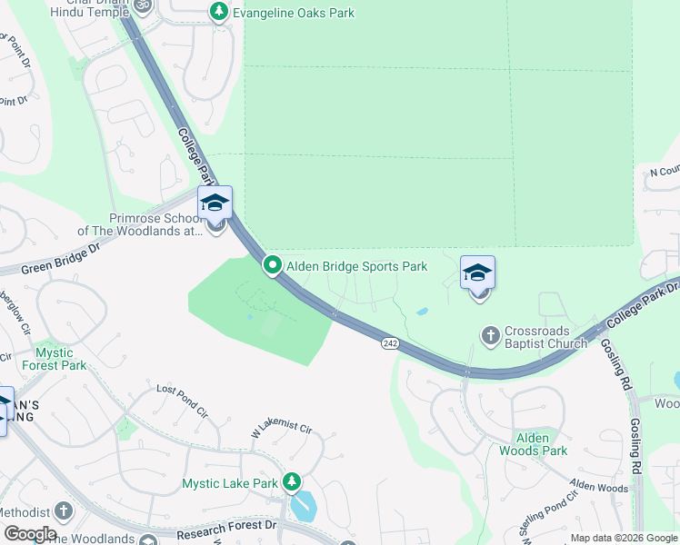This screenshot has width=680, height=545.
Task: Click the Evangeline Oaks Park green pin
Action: click(x=218, y=12)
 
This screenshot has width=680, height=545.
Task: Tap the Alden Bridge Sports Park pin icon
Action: click(x=272, y=265)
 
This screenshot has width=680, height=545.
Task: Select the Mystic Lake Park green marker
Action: click(x=291, y=482)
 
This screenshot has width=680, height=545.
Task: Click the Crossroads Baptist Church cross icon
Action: click(x=490, y=337)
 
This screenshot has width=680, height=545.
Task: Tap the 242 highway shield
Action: click(x=390, y=342)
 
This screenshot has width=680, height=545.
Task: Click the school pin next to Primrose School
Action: click(x=215, y=203)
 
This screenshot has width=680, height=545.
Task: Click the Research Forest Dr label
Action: click(x=227, y=525)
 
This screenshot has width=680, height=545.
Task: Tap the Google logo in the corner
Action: click(x=29, y=534)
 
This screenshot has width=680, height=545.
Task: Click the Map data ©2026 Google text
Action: click(x=623, y=538)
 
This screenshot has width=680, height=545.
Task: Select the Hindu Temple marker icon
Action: click(x=141, y=5)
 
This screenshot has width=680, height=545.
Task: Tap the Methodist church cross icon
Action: click(x=65, y=511)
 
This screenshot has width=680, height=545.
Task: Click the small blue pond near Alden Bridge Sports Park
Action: click(x=423, y=312)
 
